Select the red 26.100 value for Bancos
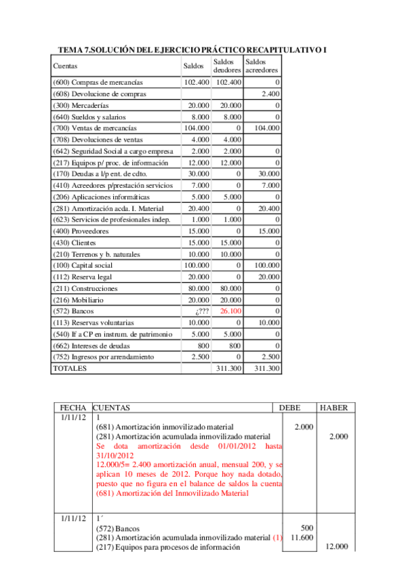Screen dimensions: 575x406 [230, 311]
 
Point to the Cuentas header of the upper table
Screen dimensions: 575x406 [65, 66]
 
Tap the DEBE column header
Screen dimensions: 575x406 [293, 408]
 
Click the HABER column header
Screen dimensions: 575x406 [333, 408]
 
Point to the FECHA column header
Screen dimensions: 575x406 [73, 408]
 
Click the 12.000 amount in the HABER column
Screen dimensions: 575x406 [337, 547]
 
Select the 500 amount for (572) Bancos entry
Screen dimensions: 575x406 [306, 528]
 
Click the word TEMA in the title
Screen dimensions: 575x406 [71, 50]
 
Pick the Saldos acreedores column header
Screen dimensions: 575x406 [262, 66]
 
